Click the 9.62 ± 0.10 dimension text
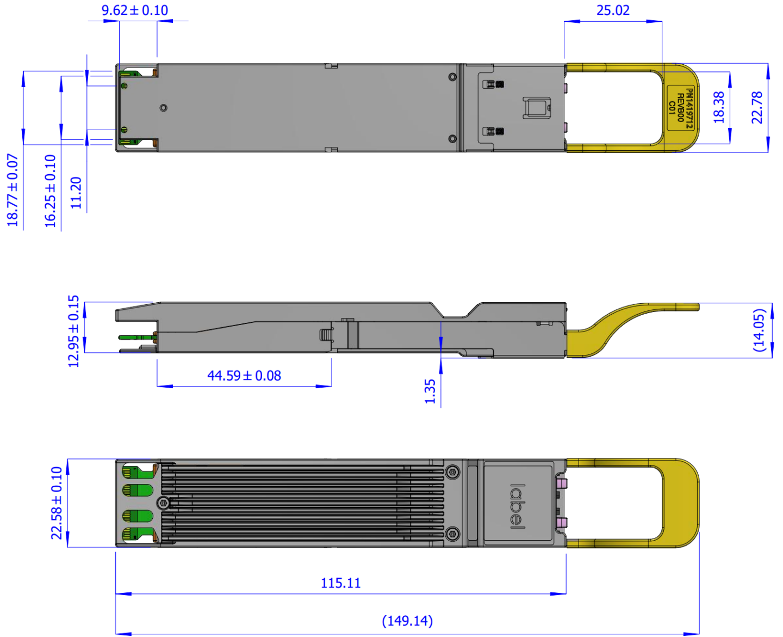[135, 10]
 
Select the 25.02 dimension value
[613, 10]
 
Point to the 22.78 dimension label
[757, 107]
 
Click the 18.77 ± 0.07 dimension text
[13, 189]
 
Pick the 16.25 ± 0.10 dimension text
[51, 191]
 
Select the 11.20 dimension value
[76, 193]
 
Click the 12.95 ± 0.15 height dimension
[73, 331]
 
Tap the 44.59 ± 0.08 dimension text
[244, 376]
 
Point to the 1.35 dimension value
[430, 391]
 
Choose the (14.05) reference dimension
[759, 330]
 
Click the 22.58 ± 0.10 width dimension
[57, 503]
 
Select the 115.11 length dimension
[341, 583]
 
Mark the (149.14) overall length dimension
[407, 621]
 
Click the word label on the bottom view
[518, 506]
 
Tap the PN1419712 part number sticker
[681, 108]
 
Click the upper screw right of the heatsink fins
[452, 472]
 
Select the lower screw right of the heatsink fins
[452, 534]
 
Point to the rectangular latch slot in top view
[537, 107]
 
